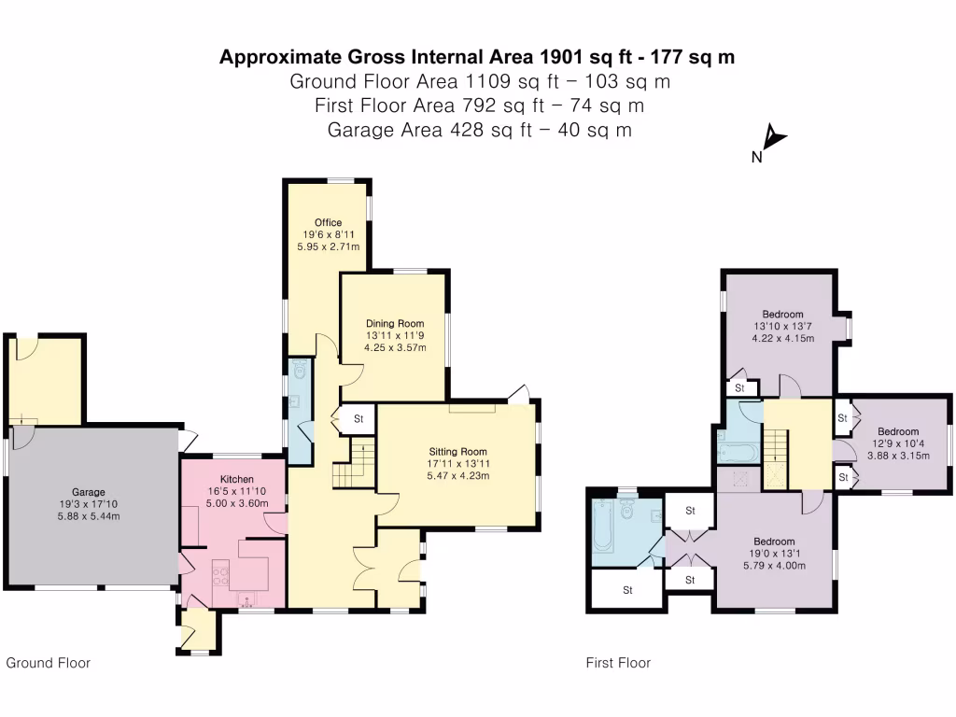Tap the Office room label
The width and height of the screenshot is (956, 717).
328,222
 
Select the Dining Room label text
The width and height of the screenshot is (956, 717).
394,324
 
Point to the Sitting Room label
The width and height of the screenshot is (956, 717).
457,451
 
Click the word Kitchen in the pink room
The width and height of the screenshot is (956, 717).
237,479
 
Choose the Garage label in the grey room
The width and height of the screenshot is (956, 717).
89,492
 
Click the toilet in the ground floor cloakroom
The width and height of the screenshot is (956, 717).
299,372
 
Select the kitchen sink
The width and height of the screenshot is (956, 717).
248,597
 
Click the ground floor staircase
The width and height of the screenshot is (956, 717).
350,467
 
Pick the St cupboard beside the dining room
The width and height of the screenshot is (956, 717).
358,419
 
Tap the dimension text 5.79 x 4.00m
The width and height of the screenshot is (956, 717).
774,566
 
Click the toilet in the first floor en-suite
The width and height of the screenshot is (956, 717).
627,510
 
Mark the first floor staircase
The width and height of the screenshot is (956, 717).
777,452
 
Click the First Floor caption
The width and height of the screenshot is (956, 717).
618,663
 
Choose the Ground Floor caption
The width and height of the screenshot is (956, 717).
49,663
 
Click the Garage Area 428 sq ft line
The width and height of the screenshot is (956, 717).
479,130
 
